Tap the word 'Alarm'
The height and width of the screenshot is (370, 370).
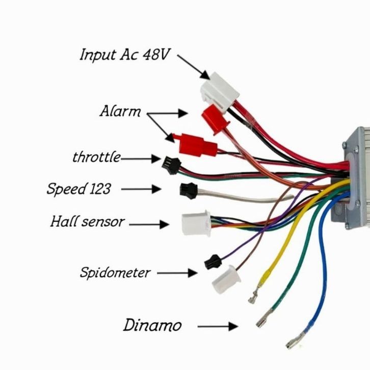(x=120, y=111)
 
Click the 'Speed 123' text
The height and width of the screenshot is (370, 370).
(x=78, y=189)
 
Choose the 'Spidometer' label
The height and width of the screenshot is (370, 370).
(x=115, y=273)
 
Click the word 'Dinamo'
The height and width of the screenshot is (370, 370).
(x=152, y=325)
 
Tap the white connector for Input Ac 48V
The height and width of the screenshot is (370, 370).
(x=219, y=88)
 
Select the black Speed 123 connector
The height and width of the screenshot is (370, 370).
(x=187, y=190)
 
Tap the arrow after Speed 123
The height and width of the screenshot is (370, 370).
(x=142, y=189)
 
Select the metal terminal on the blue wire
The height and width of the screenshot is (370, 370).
(x=293, y=339)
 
